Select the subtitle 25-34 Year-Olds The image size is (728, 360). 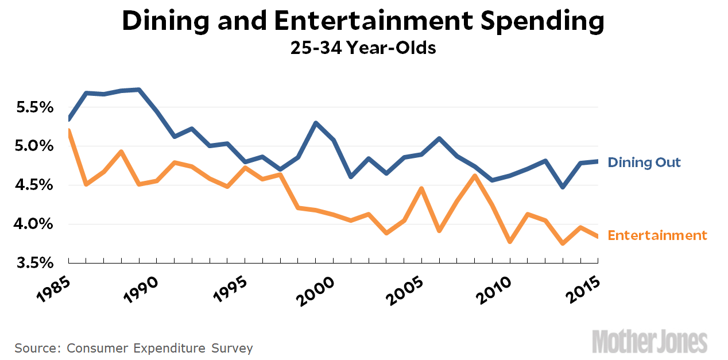click(x=363, y=48)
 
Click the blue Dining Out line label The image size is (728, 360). click(x=644, y=162)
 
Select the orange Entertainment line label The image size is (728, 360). click(x=657, y=235)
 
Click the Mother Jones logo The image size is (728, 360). click(x=650, y=341)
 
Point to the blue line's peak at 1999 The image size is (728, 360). click(x=316, y=123)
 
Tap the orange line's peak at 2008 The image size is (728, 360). click(x=475, y=176)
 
